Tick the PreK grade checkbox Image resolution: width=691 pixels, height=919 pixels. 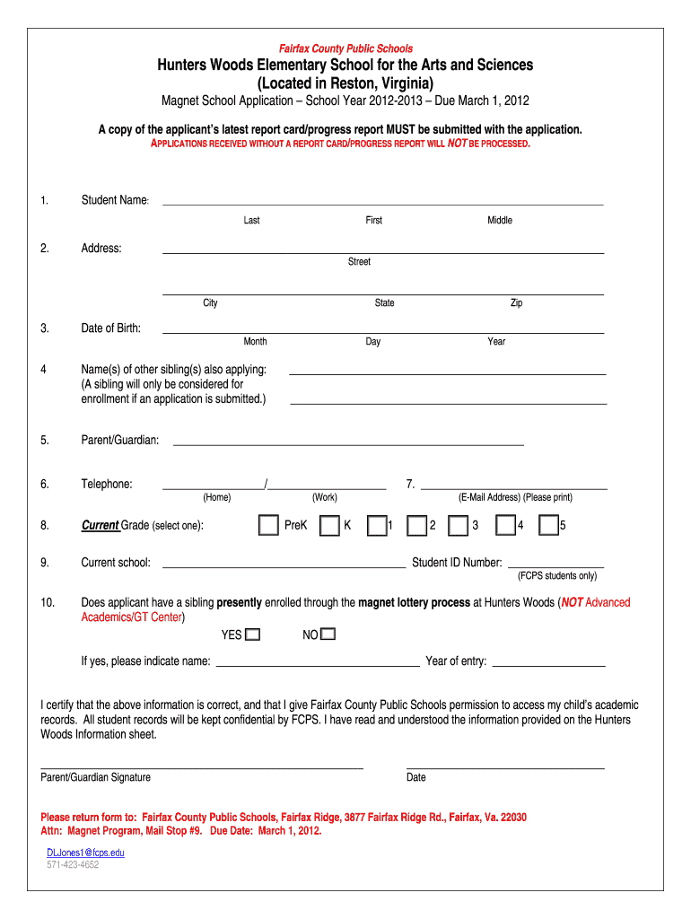pyautogui.click(x=268, y=526)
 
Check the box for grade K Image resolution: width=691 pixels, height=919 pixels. pyautogui.click(x=329, y=526)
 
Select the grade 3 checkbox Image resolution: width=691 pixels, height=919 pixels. pyautogui.click(x=459, y=526)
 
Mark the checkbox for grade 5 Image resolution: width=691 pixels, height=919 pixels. pyautogui.click(x=548, y=526)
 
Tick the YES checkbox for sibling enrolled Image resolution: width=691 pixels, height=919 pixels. pyautogui.click(x=253, y=635)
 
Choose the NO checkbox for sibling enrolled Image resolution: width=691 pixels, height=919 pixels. pyautogui.click(x=328, y=635)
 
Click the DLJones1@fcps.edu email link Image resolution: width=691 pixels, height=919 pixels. pyautogui.click(x=85, y=852)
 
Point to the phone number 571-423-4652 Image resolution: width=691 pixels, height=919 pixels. pyautogui.click(x=73, y=865)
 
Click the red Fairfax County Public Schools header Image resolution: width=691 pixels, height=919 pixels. pyautogui.click(x=345, y=48)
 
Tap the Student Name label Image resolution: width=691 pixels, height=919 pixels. pyautogui.click(x=114, y=200)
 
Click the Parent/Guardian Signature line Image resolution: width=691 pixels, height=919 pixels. pyautogui.click(x=202, y=768)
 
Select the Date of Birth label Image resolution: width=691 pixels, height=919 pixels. pyautogui.click(x=110, y=328)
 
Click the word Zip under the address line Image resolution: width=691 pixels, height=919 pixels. pyautogui.click(x=516, y=303)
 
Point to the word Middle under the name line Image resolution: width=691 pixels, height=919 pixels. pyautogui.click(x=500, y=221)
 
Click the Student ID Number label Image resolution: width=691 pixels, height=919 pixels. pyautogui.click(x=457, y=563)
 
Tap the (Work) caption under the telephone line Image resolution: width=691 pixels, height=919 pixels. pyautogui.click(x=325, y=497)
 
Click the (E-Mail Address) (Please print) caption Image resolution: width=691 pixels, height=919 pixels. pyautogui.click(x=515, y=497)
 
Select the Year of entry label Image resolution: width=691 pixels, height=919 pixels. pyautogui.click(x=456, y=661)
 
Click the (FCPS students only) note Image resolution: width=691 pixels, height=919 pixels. pyautogui.click(x=557, y=576)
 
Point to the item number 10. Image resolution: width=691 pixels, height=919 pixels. pyautogui.click(x=48, y=602)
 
